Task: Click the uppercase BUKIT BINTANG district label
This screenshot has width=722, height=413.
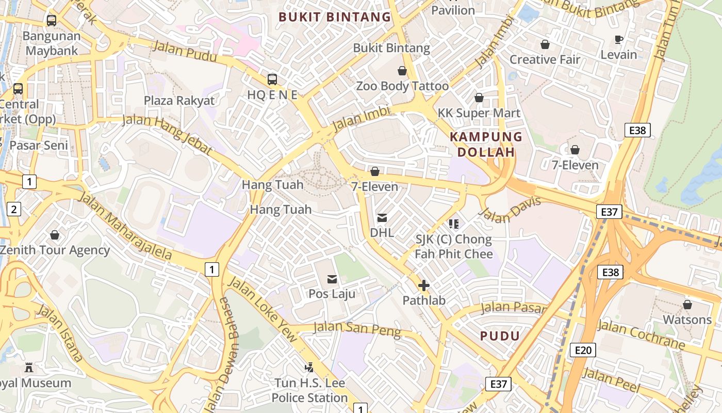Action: pyautogui.click(x=335, y=17)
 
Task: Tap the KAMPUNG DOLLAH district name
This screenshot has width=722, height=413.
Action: pyautogui.click(x=486, y=145)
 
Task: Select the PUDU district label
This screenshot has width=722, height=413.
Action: pyautogui.click(x=500, y=336)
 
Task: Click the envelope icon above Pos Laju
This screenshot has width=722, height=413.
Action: pyautogui.click(x=332, y=279)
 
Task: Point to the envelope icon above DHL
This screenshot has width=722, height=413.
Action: pyautogui.click(x=382, y=218)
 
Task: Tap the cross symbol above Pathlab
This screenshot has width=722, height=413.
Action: pyautogui.click(x=424, y=285)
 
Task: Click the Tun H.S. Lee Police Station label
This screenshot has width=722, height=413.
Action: pyautogui.click(x=309, y=391)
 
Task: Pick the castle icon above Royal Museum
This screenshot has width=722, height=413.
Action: pyautogui.click(x=29, y=368)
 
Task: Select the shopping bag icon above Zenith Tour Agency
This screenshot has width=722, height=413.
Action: pyautogui.click(x=55, y=235)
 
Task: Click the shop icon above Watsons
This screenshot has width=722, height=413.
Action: pyautogui.click(x=687, y=305)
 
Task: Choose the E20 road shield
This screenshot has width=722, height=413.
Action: pyautogui.click(x=583, y=351)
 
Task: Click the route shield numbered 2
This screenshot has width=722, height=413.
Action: pyautogui.click(x=13, y=209)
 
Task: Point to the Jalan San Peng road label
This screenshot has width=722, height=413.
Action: pyautogui.click(x=357, y=329)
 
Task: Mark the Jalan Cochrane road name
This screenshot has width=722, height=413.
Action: pyautogui.click(x=641, y=335)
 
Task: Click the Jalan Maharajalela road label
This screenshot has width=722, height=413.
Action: pyautogui.click(x=125, y=225)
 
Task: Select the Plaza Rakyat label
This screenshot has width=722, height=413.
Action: pyautogui.click(x=179, y=100)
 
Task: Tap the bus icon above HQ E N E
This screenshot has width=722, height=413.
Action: pyautogui.click(x=272, y=80)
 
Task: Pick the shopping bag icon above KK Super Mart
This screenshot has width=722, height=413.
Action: pyautogui.click(x=479, y=98)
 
